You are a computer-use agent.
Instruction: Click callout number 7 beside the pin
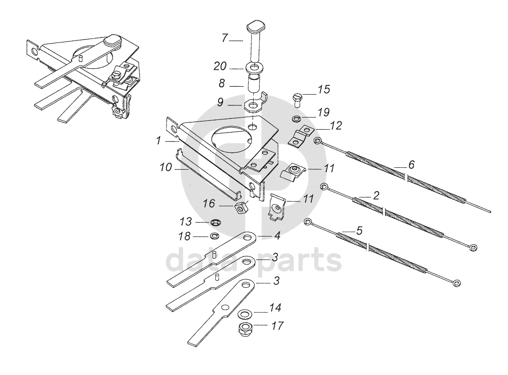(x=225, y=38)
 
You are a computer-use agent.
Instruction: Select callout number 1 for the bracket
(x=159, y=140)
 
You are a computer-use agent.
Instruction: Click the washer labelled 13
(x=215, y=223)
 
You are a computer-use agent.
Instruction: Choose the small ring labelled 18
(x=214, y=237)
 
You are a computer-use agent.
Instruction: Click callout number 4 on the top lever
(x=277, y=236)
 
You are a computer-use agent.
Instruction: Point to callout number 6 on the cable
(x=411, y=165)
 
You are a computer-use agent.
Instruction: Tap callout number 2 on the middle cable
(x=376, y=196)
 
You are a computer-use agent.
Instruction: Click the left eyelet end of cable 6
(x=318, y=141)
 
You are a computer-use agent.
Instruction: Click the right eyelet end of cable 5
(x=456, y=283)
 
